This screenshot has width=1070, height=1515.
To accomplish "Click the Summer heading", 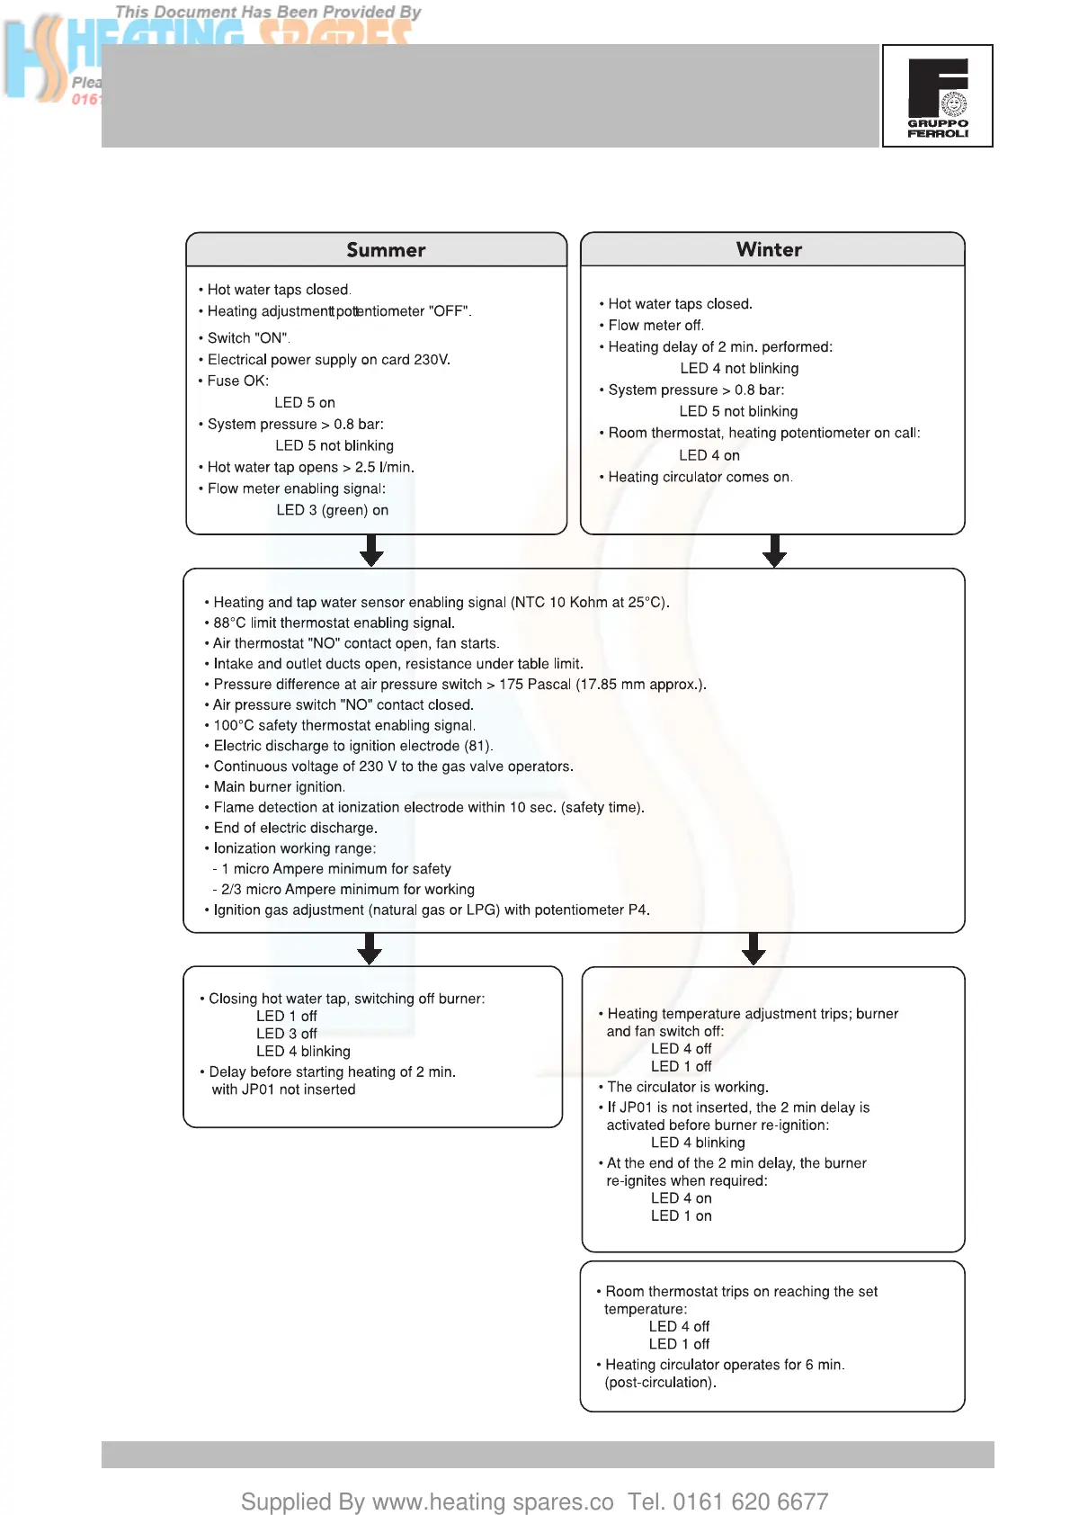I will coord(386,250).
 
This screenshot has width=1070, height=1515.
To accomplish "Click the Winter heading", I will coord(769,249).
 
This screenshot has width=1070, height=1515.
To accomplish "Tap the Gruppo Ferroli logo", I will coord(938,96).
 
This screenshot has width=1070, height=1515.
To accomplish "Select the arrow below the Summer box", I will coord(371,551).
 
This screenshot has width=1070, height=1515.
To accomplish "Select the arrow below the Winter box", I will coord(774,551).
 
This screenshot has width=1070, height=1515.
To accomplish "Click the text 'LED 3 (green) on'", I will coord(332,510).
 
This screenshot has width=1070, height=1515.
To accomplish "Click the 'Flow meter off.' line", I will coord(655,325).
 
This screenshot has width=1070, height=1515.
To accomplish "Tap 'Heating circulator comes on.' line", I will coord(700,477).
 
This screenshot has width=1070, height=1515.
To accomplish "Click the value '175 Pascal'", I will coord(535,684).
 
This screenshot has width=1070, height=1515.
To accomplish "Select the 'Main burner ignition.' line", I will coord(279,786).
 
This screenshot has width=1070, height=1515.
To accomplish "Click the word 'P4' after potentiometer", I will coord(638,910).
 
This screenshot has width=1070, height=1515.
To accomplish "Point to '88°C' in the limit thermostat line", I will coord(229,623).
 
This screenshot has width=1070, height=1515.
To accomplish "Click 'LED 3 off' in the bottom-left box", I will coord(286,1034).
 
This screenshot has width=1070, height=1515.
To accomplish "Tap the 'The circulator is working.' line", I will coord(687,1087).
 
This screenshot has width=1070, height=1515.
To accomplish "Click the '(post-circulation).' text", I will coord(660,1382).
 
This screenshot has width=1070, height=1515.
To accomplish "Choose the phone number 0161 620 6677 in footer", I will coord(750,1501).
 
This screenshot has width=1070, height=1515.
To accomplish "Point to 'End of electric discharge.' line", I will coord(295,828).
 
